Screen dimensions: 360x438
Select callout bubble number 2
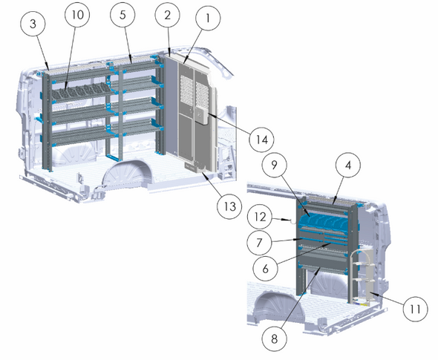(169, 15)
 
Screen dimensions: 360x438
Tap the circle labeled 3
(34, 24)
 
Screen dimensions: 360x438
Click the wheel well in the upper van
(130, 175)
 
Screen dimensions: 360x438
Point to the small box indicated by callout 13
(195, 169)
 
